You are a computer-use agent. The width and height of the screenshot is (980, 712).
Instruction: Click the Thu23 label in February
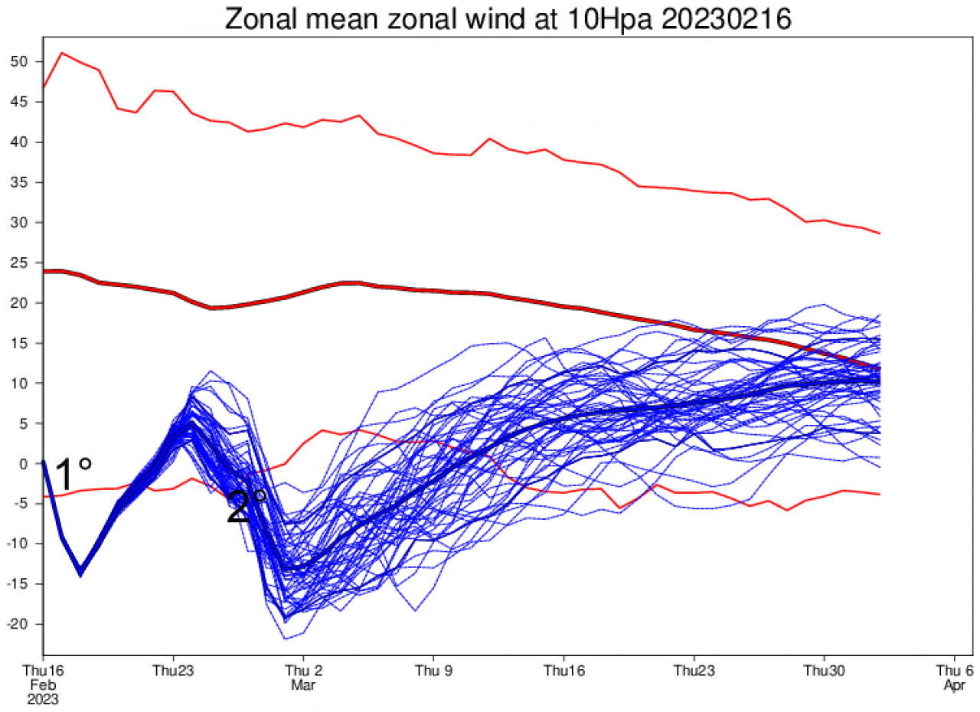[x=173, y=670]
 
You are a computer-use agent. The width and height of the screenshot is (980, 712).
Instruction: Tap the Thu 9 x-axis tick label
[x=433, y=670]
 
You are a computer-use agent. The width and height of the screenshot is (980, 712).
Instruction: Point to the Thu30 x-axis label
[x=824, y=670]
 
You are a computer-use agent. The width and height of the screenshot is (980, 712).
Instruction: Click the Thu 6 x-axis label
[x=954, y=670]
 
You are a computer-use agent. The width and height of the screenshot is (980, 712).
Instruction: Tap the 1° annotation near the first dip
[x=73, y=475]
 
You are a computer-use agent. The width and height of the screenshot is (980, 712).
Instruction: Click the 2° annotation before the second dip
[x=247, y=507]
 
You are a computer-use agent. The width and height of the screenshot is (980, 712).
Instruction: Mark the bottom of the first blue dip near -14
[x=80, y=573]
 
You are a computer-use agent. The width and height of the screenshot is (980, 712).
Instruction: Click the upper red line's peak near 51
[x=62, y=53]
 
